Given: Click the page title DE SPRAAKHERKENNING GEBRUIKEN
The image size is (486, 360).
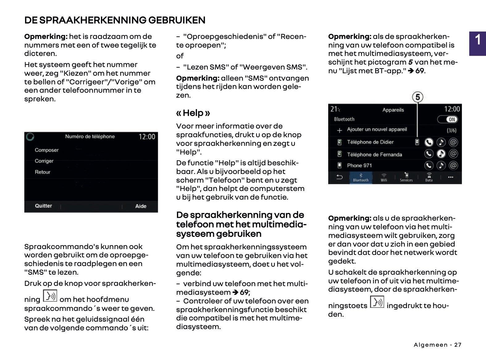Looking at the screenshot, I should click(115, 20).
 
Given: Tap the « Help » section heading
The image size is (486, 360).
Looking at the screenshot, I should click(193, 113).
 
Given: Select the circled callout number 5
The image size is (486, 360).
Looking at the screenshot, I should click(417, 97).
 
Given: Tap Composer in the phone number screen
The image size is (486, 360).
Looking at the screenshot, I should click(47, 150).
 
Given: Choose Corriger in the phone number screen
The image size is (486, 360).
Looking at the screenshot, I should click(44, 161).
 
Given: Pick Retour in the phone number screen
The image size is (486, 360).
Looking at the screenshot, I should click(43, 172).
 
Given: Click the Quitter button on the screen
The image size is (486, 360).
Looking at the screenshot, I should click(44, 206).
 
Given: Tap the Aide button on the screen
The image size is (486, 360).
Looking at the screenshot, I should click(141, 206).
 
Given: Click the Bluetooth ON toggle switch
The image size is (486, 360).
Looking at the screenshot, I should click(447, 120).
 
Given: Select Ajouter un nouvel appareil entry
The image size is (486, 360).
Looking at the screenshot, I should click(377, 129).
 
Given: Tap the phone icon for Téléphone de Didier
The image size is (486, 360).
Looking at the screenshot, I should click(429, 142).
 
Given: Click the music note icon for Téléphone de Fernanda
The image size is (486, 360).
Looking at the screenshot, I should click(441, 154).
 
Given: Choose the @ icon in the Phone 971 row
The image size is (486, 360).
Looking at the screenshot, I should click(453, 166).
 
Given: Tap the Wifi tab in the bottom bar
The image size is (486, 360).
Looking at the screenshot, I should click(384, 177).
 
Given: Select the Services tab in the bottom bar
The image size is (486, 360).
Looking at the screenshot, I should click(406, 177).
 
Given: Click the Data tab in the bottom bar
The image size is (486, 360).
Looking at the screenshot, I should click(429, 177).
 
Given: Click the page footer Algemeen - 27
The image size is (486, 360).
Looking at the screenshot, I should click(438, 345).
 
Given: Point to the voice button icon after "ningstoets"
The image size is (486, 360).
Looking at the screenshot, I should click(377, 302).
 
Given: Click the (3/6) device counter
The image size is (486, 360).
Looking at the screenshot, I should click(451, 130).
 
